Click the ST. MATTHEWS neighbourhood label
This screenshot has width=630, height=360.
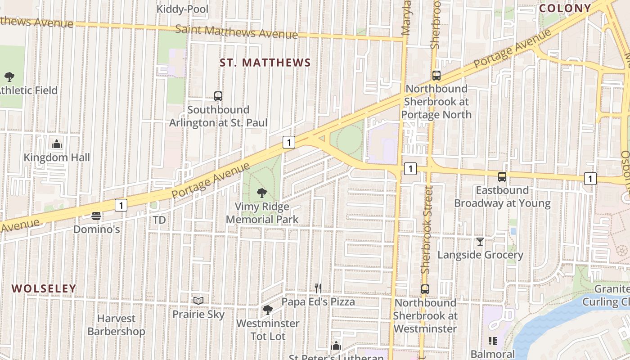[265, 63]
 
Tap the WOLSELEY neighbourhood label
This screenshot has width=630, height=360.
[44, 288]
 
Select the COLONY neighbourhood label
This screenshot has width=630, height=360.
[565, 8]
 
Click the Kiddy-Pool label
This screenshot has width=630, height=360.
[182, 9]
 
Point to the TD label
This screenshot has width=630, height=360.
[159, 220]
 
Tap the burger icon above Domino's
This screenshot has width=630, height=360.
[96, 216]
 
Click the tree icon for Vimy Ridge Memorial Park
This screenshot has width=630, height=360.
[261, 193]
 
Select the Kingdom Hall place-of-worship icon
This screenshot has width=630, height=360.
[57, 144]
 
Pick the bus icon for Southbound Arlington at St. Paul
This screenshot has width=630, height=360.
[218, 96]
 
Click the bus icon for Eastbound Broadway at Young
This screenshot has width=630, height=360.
[502, 177]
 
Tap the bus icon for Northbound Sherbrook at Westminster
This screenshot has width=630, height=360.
[425, 289]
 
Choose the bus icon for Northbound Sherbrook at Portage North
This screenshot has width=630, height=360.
[436, 75]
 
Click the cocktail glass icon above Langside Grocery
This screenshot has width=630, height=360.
[480, 242]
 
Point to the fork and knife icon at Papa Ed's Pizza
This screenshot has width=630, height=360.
[318, 288]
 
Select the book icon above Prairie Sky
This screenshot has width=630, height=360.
[198, 301]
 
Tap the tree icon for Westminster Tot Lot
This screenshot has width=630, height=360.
[268, 310]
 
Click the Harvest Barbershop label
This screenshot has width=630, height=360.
[116, 325]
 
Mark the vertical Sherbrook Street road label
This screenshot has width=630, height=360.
[426, 229]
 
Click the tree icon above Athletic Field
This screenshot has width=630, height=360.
[9, 77]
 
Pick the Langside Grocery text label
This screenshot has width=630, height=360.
[480, 255]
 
